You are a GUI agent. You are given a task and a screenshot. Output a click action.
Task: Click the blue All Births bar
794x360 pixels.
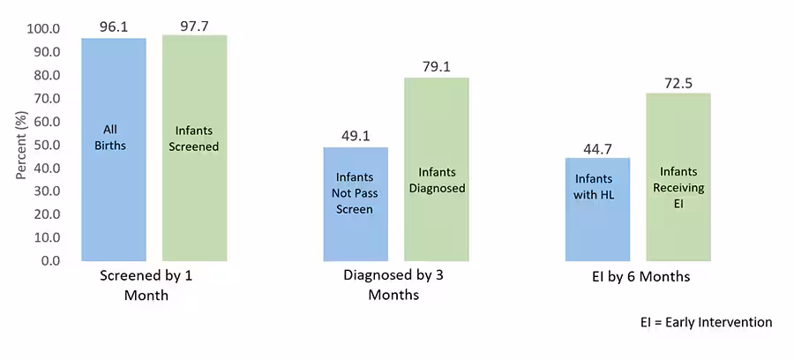coord(113,150)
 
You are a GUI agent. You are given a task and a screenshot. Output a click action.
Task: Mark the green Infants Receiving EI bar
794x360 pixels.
coord(678,177)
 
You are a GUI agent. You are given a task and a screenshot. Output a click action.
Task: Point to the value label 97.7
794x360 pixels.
coord(195,26)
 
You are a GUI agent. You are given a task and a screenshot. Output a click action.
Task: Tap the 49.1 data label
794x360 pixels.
coord(356,137)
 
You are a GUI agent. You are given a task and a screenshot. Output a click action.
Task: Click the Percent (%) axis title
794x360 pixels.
coord(21,144)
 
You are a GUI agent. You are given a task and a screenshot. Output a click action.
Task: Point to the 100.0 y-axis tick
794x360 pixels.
coord(44,29)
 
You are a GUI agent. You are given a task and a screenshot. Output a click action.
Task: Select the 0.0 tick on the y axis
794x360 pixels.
coord(50,261)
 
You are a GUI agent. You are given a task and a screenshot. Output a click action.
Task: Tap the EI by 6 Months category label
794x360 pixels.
coord(641,277)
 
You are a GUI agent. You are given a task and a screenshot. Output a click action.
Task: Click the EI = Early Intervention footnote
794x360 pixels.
coord(706,323)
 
